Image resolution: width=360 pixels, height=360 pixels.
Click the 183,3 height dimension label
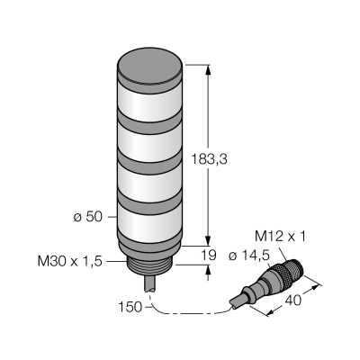[x=209, y=159]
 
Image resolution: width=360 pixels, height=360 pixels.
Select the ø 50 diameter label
[x=88, y=217]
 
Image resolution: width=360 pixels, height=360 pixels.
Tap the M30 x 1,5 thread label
[x=70, y=262]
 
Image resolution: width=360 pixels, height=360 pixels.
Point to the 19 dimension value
[x=208, y=256]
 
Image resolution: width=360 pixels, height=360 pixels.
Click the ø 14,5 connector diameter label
[x=248, y=256]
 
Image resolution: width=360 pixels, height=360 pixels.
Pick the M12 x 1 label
[x=280, y=237]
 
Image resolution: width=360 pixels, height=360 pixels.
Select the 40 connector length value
[x=292, y=301]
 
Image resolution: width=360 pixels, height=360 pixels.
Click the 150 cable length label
[x=130, y=307]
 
